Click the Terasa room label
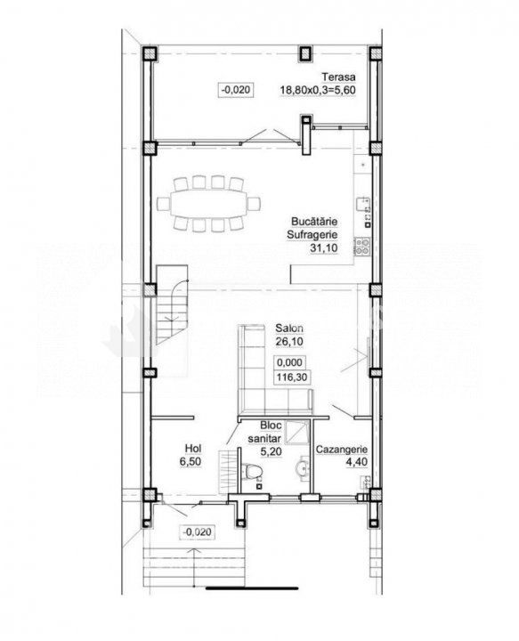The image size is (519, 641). (x=338, y=77)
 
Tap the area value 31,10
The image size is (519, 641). (x=324, y=247)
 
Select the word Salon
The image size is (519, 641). (x=289, y=328)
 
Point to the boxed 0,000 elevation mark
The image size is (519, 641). (x=289, y=362)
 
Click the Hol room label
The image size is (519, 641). (x=193, y=449)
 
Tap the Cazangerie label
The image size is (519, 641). (x=342, y=450)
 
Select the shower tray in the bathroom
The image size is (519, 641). (x=296, y=432)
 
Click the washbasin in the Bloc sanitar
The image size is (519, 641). (x=303, y=467)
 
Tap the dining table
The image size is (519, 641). (x=209, y=202)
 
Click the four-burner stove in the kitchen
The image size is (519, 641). (x=362, y=246)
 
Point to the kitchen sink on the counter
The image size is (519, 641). (x=363, y=205)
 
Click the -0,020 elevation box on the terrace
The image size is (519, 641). (x=236, y=89)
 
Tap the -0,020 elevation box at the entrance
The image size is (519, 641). (x=198, y=531)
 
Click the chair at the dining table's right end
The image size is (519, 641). (x=255, y=203)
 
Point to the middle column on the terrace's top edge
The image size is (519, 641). (x=304, y=54)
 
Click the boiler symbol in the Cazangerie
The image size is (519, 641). (x=365, y=482)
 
